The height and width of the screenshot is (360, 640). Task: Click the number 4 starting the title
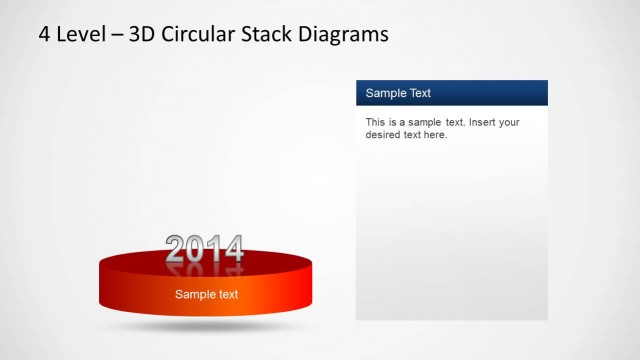pos(44,35)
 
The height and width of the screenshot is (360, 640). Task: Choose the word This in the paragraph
pos(376,122)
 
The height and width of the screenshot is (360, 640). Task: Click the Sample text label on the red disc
pos(206,294)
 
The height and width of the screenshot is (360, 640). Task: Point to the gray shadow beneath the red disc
pos(205,325)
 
